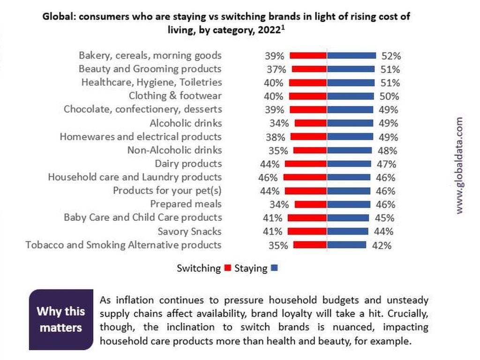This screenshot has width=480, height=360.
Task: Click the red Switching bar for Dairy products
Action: tap(306, 164)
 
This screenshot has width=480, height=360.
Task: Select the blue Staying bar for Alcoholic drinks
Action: tap(350, 123)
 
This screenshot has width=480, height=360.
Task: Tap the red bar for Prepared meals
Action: tap(310, 204)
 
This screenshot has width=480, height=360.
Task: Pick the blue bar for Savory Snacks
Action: tap(347, 231)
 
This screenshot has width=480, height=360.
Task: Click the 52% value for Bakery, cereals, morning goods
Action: tap(391, 56)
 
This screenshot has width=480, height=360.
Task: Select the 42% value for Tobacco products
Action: tap(382, 245)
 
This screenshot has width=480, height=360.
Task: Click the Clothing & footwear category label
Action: tap(175, 96)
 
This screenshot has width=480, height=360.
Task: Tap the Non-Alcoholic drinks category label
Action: tap(174, 150)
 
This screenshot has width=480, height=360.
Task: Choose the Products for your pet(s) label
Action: tap(167, 191)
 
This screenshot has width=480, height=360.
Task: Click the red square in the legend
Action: tap(228, 269)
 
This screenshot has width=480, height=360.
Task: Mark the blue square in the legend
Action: tap(275, 269)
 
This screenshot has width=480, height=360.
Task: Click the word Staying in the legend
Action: tap(251, 269)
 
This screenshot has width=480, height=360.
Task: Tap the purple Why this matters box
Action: tap(61, 320)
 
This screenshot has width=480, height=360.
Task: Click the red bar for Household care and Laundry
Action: tap(305, 178)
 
